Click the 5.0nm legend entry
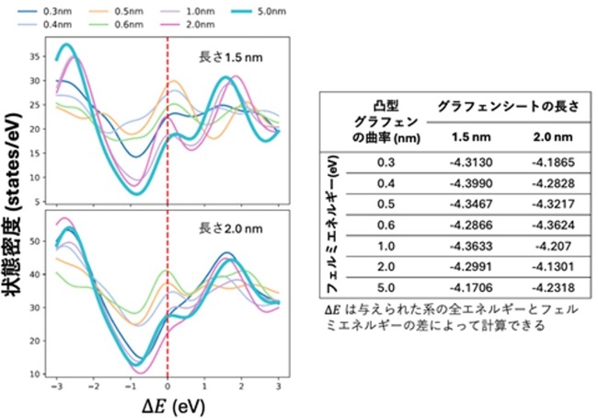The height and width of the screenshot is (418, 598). tap(259, 11)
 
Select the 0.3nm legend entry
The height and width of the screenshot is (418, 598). tap(44, 11)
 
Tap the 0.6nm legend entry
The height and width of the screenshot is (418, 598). tap(116, 25)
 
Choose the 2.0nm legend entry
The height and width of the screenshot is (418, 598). tap(188, 25)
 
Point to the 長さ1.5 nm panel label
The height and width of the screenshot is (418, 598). tap(231, 57)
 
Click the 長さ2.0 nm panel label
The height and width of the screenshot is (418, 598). tap(231, 228)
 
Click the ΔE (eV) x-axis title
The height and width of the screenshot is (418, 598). tap(173, 406)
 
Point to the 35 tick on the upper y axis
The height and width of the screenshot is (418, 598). tap(35, 56)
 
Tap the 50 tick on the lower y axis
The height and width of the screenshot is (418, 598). tap(35, 241)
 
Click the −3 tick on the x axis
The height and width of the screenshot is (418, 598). tap(56, 387)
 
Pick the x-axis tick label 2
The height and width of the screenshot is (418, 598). tap(241, 387)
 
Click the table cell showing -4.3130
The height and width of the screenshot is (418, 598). tap(471, 163)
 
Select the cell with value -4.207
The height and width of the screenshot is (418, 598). tap(553, 246)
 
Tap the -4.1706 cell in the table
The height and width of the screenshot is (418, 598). tap(471, 287)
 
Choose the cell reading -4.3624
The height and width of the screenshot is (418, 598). tap(553, 226)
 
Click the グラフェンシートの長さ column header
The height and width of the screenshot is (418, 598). tap(508, 106)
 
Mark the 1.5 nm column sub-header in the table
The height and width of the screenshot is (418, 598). tap(471, 137)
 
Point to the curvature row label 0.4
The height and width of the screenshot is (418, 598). tap(385, 183)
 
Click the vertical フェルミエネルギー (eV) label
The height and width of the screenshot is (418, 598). tap(332, 224)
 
